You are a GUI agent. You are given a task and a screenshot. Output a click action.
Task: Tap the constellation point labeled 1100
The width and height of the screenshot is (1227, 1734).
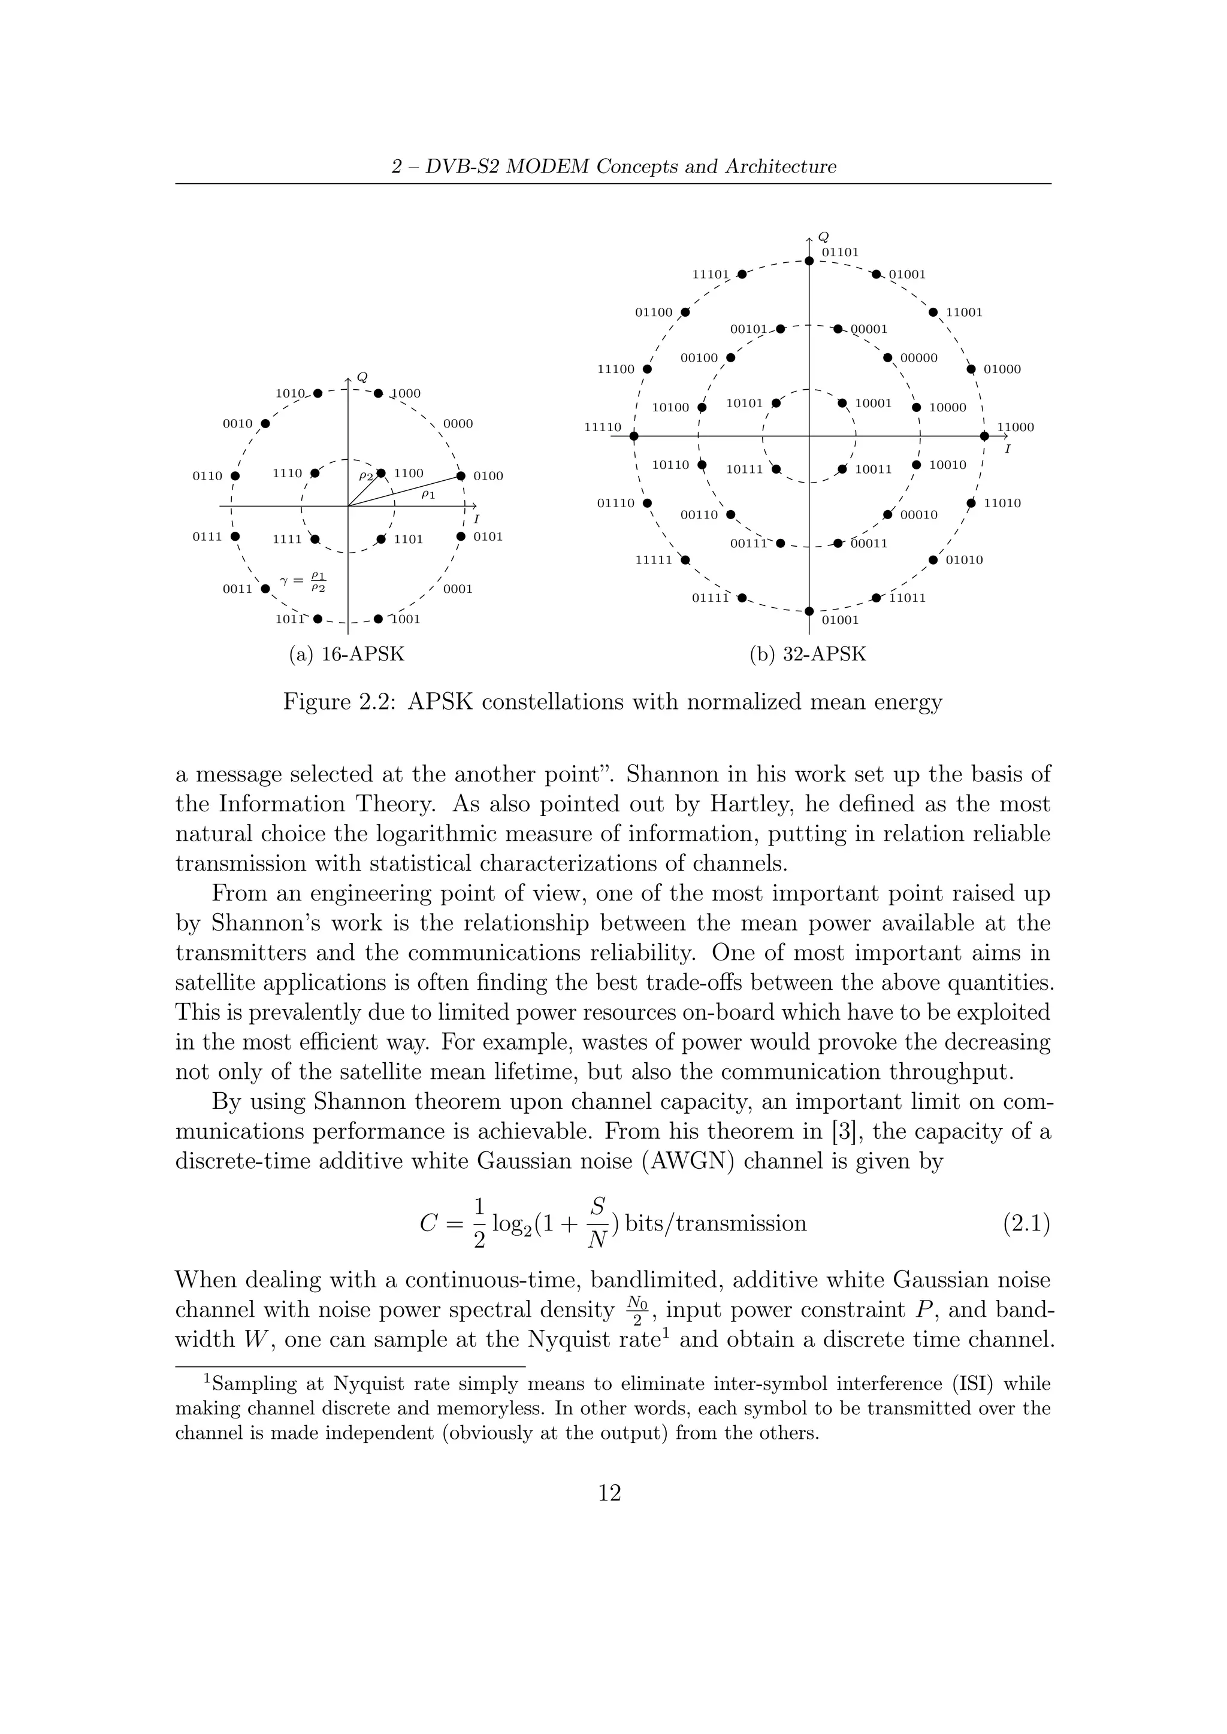pyautogui.click(x=382, y=474)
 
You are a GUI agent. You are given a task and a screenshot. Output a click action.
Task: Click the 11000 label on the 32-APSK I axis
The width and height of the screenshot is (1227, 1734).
pyautogui.click(x=1016, y=428)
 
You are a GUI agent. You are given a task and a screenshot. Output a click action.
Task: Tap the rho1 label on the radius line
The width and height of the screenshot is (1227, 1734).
pyautogui.click(x=428, y=494)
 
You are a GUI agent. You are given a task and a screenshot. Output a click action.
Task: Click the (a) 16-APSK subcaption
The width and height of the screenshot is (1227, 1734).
pyautogui.click(x=347, y=654)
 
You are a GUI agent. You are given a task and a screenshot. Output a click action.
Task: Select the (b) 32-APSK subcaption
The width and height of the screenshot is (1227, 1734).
pyautogui.click(x=808, y=654)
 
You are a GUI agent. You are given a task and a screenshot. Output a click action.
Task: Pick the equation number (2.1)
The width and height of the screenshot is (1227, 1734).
pyautogui.click(x=1026, y=1223)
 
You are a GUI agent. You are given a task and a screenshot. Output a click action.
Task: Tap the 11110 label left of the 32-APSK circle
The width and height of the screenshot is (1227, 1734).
pyautogui.click(x=603, y=428)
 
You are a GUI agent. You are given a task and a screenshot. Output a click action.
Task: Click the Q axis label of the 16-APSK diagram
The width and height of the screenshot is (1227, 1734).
pyautogui.click(x=362, y=376)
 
